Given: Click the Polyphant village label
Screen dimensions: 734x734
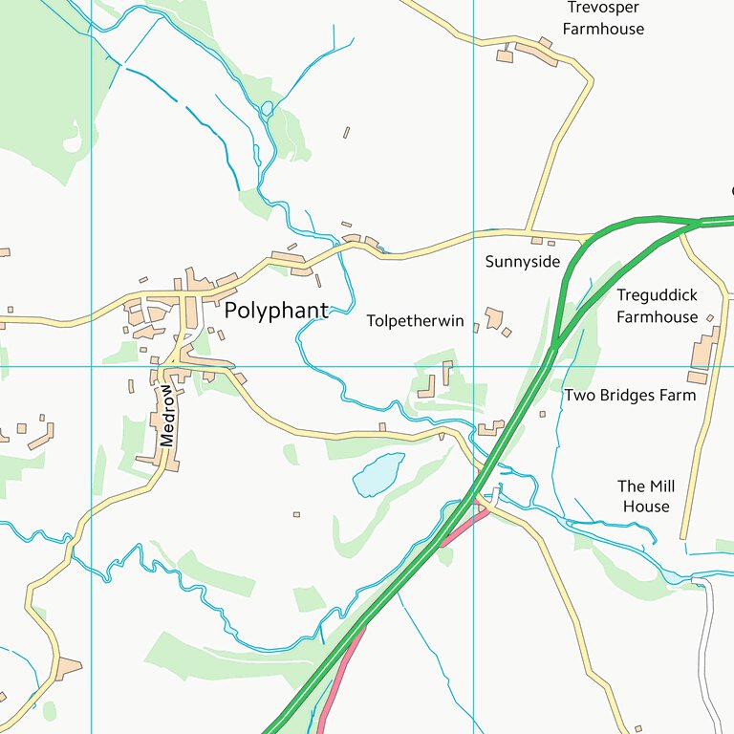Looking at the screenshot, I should (x=275, y=311).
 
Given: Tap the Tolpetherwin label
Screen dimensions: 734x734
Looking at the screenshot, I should (x=415, y=322).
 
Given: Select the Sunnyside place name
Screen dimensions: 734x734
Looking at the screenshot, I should (x=522, y=262).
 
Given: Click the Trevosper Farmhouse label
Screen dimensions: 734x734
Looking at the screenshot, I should (x=603, y=18).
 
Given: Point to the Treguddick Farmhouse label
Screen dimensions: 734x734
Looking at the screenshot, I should (x=657, y=306).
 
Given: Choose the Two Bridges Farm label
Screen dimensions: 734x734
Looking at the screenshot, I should (x=630, y=395).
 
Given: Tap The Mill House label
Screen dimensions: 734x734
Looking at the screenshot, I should (x=646, y=496).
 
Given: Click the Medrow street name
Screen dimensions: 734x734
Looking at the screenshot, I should (x=168, y=416).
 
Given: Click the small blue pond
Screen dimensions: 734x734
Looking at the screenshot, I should (x=378, y=475).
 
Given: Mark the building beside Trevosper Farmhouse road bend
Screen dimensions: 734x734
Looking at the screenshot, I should (x=536, y=53).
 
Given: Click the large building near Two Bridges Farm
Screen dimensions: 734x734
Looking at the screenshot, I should (x=702, y=350).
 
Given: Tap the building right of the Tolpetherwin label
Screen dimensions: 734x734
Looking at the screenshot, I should (x=493, y=317).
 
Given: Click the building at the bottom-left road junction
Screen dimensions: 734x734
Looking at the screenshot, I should (x=68, y=668).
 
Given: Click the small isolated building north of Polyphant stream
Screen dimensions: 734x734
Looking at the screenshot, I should (x=346, y=133).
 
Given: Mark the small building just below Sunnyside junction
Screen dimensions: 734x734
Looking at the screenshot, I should (x=537, y=241).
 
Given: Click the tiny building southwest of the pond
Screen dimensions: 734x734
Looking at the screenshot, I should (x=296, y=514).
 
